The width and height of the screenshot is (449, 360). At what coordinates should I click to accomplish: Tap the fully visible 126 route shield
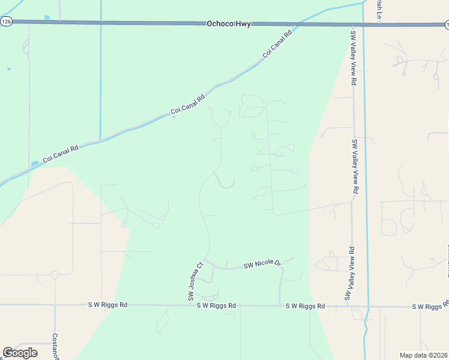point(6,21)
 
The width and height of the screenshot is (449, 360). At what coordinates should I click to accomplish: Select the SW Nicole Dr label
point(262,264)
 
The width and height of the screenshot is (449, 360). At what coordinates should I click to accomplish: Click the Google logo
point(20,353)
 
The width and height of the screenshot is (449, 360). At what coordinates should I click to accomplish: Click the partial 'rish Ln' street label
point(379,8)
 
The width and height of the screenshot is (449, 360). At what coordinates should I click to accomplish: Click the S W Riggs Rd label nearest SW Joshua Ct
point(216,305)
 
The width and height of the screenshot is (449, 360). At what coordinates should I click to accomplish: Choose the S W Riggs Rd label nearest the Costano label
point(107,305)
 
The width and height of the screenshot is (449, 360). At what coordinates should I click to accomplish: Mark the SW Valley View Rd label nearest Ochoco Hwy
point(354,56)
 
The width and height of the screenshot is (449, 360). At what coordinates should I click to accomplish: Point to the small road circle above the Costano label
point(55,275)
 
